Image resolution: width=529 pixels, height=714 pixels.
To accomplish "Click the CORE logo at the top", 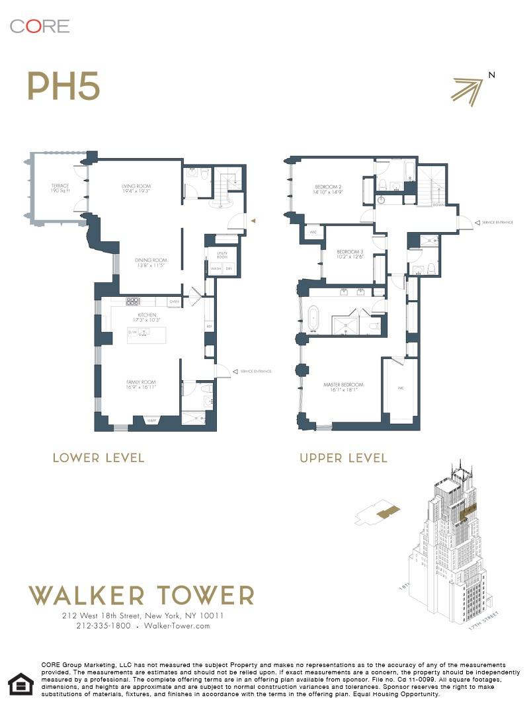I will tap(40, 26).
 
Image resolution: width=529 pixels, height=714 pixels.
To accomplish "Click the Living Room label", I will tap(136, 188).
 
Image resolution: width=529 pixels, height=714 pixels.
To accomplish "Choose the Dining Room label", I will tap(150, 262).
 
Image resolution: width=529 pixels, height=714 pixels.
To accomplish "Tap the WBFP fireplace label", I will tap(151, 420).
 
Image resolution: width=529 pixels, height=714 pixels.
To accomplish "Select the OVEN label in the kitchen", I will tap(175, 302).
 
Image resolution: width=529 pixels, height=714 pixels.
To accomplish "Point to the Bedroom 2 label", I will tap(327, 190).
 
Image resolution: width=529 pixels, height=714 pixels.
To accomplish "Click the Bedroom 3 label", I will tap(350, 255).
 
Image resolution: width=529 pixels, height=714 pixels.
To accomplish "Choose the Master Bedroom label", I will tap(343, 387).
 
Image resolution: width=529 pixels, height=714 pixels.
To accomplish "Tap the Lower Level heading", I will tap(99, 457).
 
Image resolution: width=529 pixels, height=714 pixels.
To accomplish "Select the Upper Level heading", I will tap(343, 457).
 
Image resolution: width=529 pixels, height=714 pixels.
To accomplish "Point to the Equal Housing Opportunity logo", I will tap(19, 683).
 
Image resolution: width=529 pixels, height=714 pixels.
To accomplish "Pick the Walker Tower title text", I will tap(142, 595).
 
